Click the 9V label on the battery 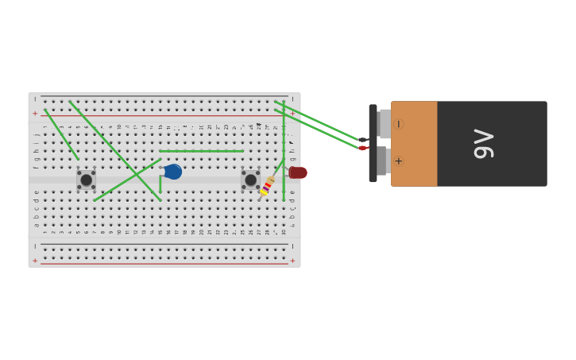[484, 144]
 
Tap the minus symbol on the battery [398, 124]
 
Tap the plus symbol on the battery [398, 161]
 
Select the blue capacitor [173, 172]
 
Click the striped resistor [267, 187]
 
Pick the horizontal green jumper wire [201, 151]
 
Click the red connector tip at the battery [362, 148]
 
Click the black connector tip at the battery [362, 140]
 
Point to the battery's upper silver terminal [385, 124]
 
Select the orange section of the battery [414, 144]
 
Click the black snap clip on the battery [373, 143]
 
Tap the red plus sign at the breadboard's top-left [35, 114]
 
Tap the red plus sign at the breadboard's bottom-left [35, 261]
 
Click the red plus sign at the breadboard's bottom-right [292, 261]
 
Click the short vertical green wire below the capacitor [160, 184]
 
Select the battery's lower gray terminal [382, 161]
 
